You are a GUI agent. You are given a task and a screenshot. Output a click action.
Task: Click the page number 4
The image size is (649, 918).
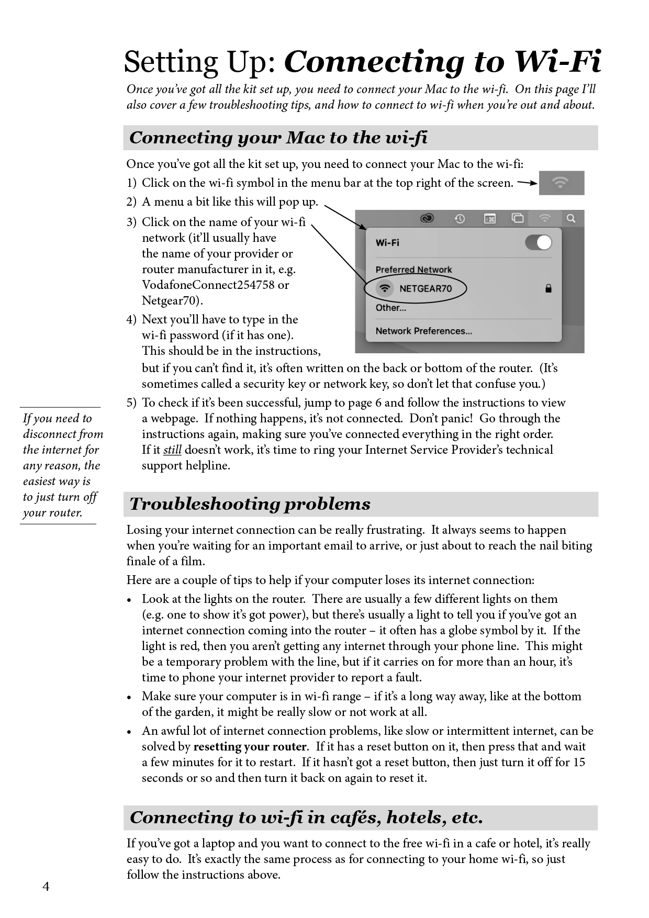click(x=46, y=887)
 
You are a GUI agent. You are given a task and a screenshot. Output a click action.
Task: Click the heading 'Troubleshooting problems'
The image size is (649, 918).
click(x=250, y=504)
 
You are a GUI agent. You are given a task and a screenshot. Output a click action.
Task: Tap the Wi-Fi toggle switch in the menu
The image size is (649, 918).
click(x=539, y=242)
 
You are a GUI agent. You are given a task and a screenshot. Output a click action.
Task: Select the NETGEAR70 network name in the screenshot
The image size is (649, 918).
click(x=425, y=288)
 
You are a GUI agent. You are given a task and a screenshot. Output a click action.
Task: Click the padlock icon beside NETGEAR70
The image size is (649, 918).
click(x=549, y=288)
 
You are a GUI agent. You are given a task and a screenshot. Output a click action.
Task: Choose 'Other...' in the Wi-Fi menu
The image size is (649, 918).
click(x=390, y=308)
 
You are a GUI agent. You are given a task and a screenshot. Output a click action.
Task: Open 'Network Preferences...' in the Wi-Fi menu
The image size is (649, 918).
click(x=423, y=331)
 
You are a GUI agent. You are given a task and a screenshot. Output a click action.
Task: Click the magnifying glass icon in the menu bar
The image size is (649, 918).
click(x=571, y=218)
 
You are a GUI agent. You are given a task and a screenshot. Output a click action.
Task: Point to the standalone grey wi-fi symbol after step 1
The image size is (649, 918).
click(x=561, y=183)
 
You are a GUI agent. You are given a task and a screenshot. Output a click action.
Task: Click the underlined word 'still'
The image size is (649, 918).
click(x=172, y=450)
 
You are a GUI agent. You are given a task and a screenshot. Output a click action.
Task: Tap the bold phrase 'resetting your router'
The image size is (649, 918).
click(x=250, y=747)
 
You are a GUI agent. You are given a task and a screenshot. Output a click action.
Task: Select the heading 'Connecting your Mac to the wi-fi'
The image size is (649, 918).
click(x=278, y=138)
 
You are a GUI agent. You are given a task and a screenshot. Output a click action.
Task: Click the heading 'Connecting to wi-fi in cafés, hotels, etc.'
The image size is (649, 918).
click(x=306, y=818)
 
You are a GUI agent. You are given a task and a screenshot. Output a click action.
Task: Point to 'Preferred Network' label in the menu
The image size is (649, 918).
click(x=413, y=270)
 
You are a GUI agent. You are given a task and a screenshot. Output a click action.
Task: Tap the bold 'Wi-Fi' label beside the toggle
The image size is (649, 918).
click(x=387, y=242)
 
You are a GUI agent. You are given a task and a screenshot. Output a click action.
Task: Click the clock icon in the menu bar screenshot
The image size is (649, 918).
click(x=460, y=218)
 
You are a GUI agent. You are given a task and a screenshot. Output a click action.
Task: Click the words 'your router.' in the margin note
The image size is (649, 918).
click(x=52, y=513)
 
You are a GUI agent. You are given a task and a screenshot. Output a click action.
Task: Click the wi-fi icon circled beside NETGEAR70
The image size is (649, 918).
click(x=385, y=288)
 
